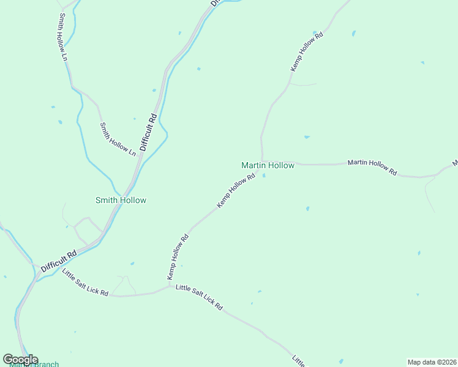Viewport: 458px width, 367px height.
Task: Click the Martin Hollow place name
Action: pyautogui.click(x=268, y=165)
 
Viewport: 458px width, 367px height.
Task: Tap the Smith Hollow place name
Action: pyautogui.click(x=121, y=200)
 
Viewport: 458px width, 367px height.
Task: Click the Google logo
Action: pyautogui.click(x=20, y=360)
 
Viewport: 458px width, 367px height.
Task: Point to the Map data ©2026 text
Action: pyautogui.click(x=432, y=362)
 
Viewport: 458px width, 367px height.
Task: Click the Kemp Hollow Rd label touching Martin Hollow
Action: pyautogui.click(x=236, y=191)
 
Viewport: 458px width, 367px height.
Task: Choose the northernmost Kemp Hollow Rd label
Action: pyautogui.click(x=306, y=51)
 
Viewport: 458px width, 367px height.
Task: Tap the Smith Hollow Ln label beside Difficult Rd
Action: pyautogui.click(x=118, y=138)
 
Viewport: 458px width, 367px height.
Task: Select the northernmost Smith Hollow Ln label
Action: pyautogui.click(x=63, y=37)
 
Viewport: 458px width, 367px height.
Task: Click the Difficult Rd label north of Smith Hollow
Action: pyautogui.click(x=149, y=132)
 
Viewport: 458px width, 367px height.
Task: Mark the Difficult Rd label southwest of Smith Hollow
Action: pyautogui.click(x=59, y=261)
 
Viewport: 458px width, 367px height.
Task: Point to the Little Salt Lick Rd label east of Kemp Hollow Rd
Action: pyautogui.click(x=199, y=297)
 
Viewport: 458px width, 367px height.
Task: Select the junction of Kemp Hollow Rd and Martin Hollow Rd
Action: pyautogui.click(x=262, y=161)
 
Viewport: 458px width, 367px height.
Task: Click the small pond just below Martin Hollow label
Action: pyautogui.click(x=264, y=176)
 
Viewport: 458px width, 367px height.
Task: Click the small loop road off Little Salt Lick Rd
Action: pyautogui.click(x=124, y=284)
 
